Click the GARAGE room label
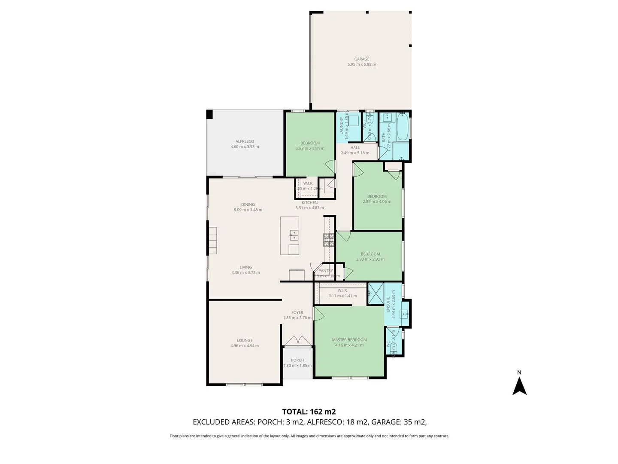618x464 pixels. coord(361,59)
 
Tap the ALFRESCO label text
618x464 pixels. coord(245,141)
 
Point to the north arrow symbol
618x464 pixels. coord(519,385)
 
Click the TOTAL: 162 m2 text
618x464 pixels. coord(309,412)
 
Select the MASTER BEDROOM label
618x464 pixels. coord(349,340)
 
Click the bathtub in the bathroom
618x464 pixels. coord(402,126)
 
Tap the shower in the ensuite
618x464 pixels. coord(376,294)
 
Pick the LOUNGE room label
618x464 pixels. coord(245,340)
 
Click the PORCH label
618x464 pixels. coord(297,360)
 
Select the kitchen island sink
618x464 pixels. coord(294,235)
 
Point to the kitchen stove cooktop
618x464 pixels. coord(329,240)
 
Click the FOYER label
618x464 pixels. coord(297,312)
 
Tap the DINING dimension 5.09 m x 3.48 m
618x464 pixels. coord(248,210)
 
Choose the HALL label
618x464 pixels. coord(355,147)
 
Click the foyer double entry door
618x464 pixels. coord(298,340)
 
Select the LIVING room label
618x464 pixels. coord(245,267)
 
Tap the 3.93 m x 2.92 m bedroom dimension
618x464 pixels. coord(370,259)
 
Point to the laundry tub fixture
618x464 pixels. coord(354,120)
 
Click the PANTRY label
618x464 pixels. coord(326,271)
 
